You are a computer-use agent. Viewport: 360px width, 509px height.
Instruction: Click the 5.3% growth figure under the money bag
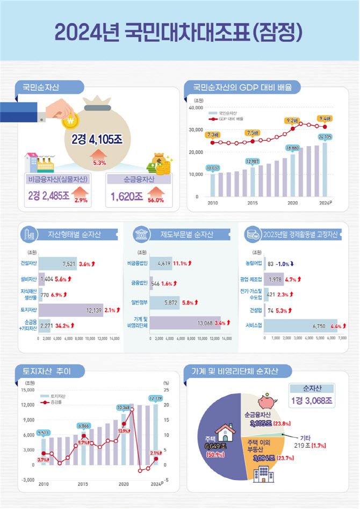pos(99,162)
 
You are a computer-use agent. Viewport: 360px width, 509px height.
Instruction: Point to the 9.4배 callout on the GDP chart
pos(325,118)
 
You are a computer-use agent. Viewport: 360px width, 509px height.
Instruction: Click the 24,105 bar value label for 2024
pos(325,137)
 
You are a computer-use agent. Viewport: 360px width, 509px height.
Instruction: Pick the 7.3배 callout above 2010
pos(212,135)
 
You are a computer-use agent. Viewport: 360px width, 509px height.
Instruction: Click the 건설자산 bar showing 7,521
pos(58,264)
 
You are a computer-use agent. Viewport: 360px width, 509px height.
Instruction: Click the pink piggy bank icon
pos(267,401)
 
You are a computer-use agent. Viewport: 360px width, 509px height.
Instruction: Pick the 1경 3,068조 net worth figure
pos(312,400)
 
